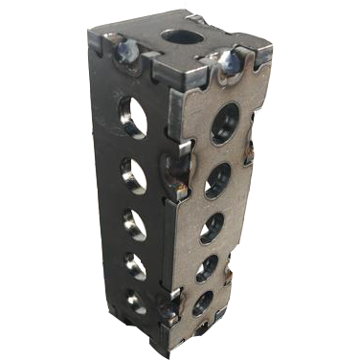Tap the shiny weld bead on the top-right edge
tap(231, 62)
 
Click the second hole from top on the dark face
tap(134, 174)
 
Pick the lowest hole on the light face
tap(203, 304)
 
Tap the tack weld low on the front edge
tap(170, 306)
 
